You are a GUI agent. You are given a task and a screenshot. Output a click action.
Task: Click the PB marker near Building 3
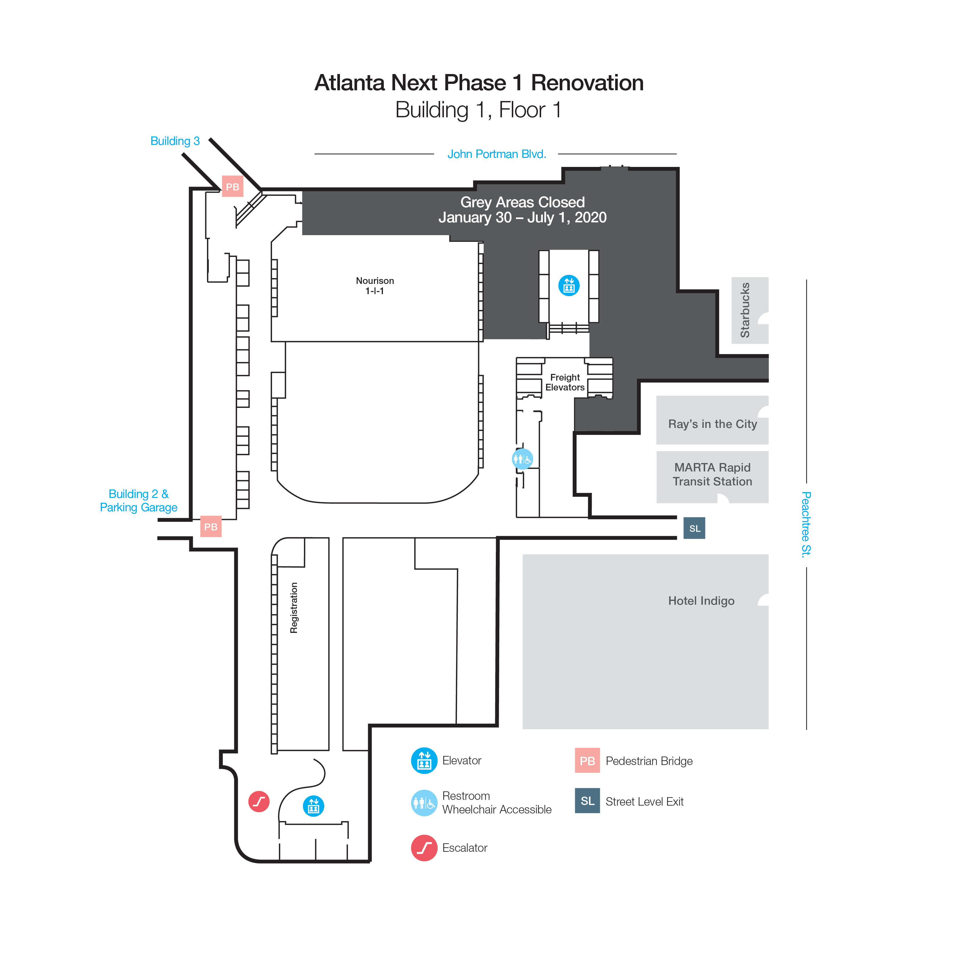pos(233,186)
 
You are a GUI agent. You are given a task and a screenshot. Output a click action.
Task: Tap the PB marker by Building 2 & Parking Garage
pos(211,527)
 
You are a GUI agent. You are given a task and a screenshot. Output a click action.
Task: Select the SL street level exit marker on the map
pos(694,528)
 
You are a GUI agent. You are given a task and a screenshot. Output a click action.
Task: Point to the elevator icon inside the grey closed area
pos(569,286)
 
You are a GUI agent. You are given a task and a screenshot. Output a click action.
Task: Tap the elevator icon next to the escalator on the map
pos(314,806)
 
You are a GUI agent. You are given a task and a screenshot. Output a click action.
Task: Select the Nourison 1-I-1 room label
pos(375,286)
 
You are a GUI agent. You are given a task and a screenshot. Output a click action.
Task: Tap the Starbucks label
pos(745,310)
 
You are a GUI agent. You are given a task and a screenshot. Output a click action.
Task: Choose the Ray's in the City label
pos(713,424)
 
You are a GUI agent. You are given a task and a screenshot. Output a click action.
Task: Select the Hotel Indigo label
pos(701,601)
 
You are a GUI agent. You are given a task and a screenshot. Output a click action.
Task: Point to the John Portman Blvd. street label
pos(497,154)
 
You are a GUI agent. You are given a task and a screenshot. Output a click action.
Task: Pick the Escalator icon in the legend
pos(424,848)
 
